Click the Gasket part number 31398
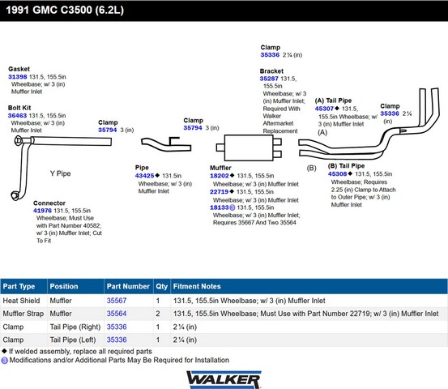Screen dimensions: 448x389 pos(18,77)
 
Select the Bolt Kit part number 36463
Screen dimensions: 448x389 pos(18,115)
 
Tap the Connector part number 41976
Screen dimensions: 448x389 pos(43,211)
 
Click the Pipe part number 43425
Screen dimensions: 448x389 pos(144,176)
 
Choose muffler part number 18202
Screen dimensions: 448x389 pos(220,176)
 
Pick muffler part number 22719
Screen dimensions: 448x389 pos(220,191)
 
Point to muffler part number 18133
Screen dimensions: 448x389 pos(220,207)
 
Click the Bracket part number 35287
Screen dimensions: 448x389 pos(269,79)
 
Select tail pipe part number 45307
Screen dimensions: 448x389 pos(324,109)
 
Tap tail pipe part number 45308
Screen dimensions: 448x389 pos(338,173)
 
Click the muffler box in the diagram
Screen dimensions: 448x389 pos(249,147)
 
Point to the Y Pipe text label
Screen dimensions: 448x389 pos(60,173)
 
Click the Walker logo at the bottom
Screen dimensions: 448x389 pos(224,379)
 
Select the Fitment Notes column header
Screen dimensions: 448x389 pos(197,286)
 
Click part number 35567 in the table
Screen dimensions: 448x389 pos(117,301)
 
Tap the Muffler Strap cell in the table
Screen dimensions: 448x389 pos(23,314)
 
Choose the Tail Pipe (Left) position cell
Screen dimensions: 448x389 pos(73,340)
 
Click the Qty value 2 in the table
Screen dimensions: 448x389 pos(158,314)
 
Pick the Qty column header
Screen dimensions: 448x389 pos(162,286)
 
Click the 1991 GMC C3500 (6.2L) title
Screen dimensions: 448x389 pos(65,11)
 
